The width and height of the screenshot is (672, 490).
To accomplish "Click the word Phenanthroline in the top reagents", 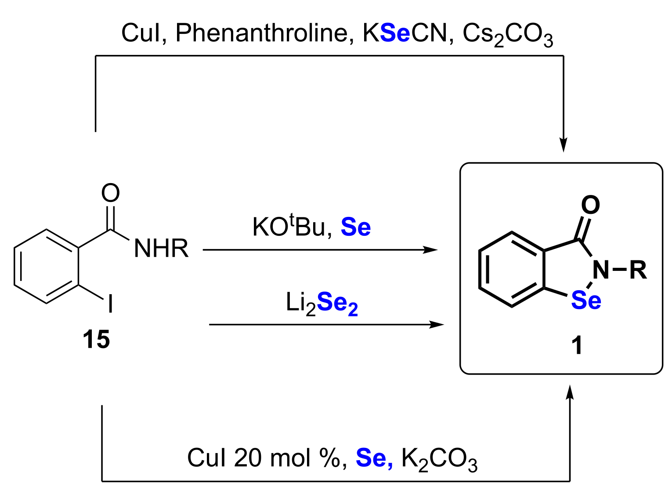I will coord(262,33).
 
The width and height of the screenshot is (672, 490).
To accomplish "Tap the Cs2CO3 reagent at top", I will coord(508,35).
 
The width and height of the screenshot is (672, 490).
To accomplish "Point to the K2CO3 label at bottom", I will coord(439,459).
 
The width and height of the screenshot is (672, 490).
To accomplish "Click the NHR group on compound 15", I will coord(161,249).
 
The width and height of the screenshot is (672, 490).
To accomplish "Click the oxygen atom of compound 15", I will coord(110,193).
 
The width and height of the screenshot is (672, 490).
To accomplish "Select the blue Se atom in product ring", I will coord(586,301).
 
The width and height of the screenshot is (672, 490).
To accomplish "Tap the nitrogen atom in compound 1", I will coord(601,270).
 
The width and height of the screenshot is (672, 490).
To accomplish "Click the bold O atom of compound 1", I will coord(590,205).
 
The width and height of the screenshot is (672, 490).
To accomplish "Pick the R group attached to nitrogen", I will coord(638,270).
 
